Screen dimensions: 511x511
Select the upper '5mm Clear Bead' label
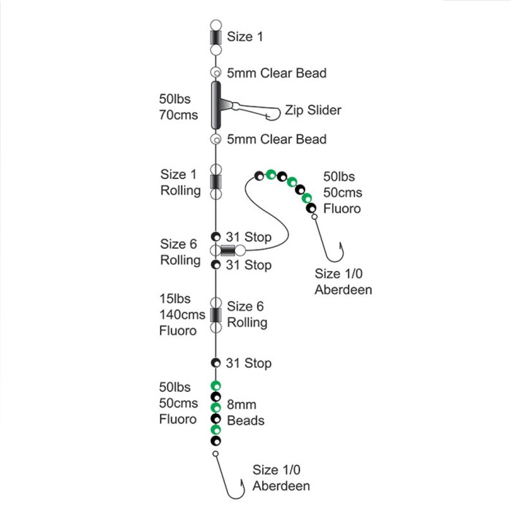click(x=277, y=73)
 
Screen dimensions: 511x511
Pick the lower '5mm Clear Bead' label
click(x=277, y=139)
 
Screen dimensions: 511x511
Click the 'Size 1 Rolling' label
click(x=180, y=182)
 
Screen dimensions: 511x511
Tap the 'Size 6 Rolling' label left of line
click(x=180, y=252)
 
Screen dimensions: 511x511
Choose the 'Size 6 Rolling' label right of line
click(x=247, y=315)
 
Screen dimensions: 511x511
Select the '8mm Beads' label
click(x=245, y=412)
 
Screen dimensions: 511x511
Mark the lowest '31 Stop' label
click(x=249, y=363)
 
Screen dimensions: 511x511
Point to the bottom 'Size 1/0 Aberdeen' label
click(x=281, y=478)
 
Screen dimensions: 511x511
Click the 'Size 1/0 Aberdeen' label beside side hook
click(x=343, y=282)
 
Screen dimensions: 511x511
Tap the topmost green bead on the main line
click(x=215, y=385)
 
